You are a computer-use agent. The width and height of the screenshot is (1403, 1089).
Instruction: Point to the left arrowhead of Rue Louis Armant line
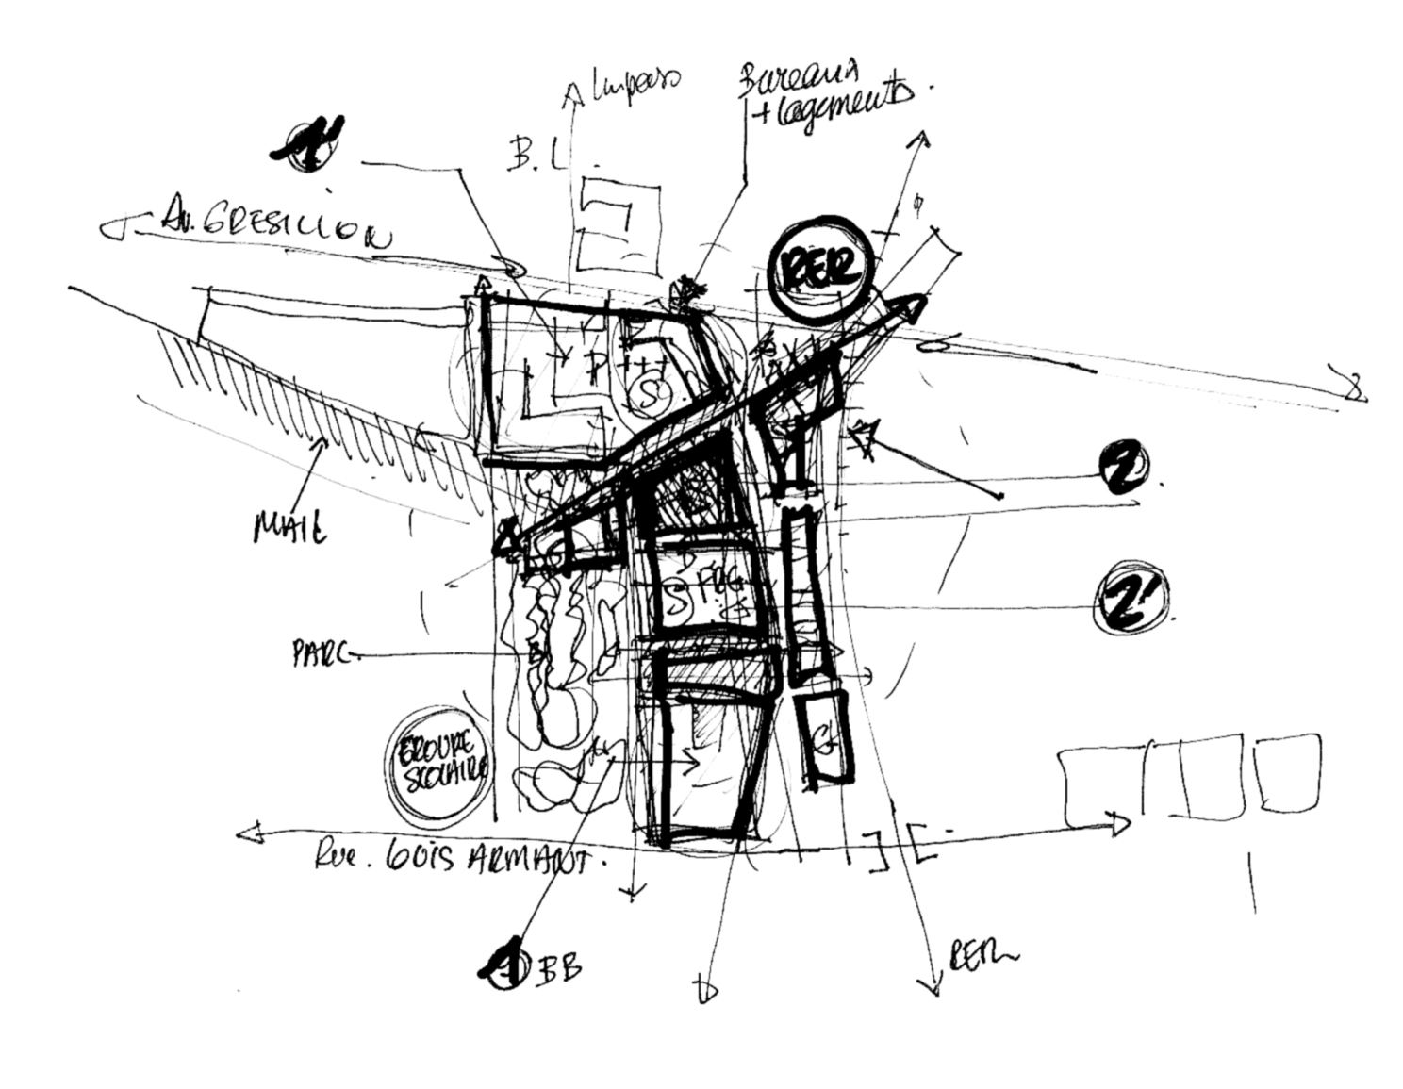[x=248, y=833]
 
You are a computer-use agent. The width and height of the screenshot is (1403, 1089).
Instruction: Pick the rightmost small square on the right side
[x=1287, y=772]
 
